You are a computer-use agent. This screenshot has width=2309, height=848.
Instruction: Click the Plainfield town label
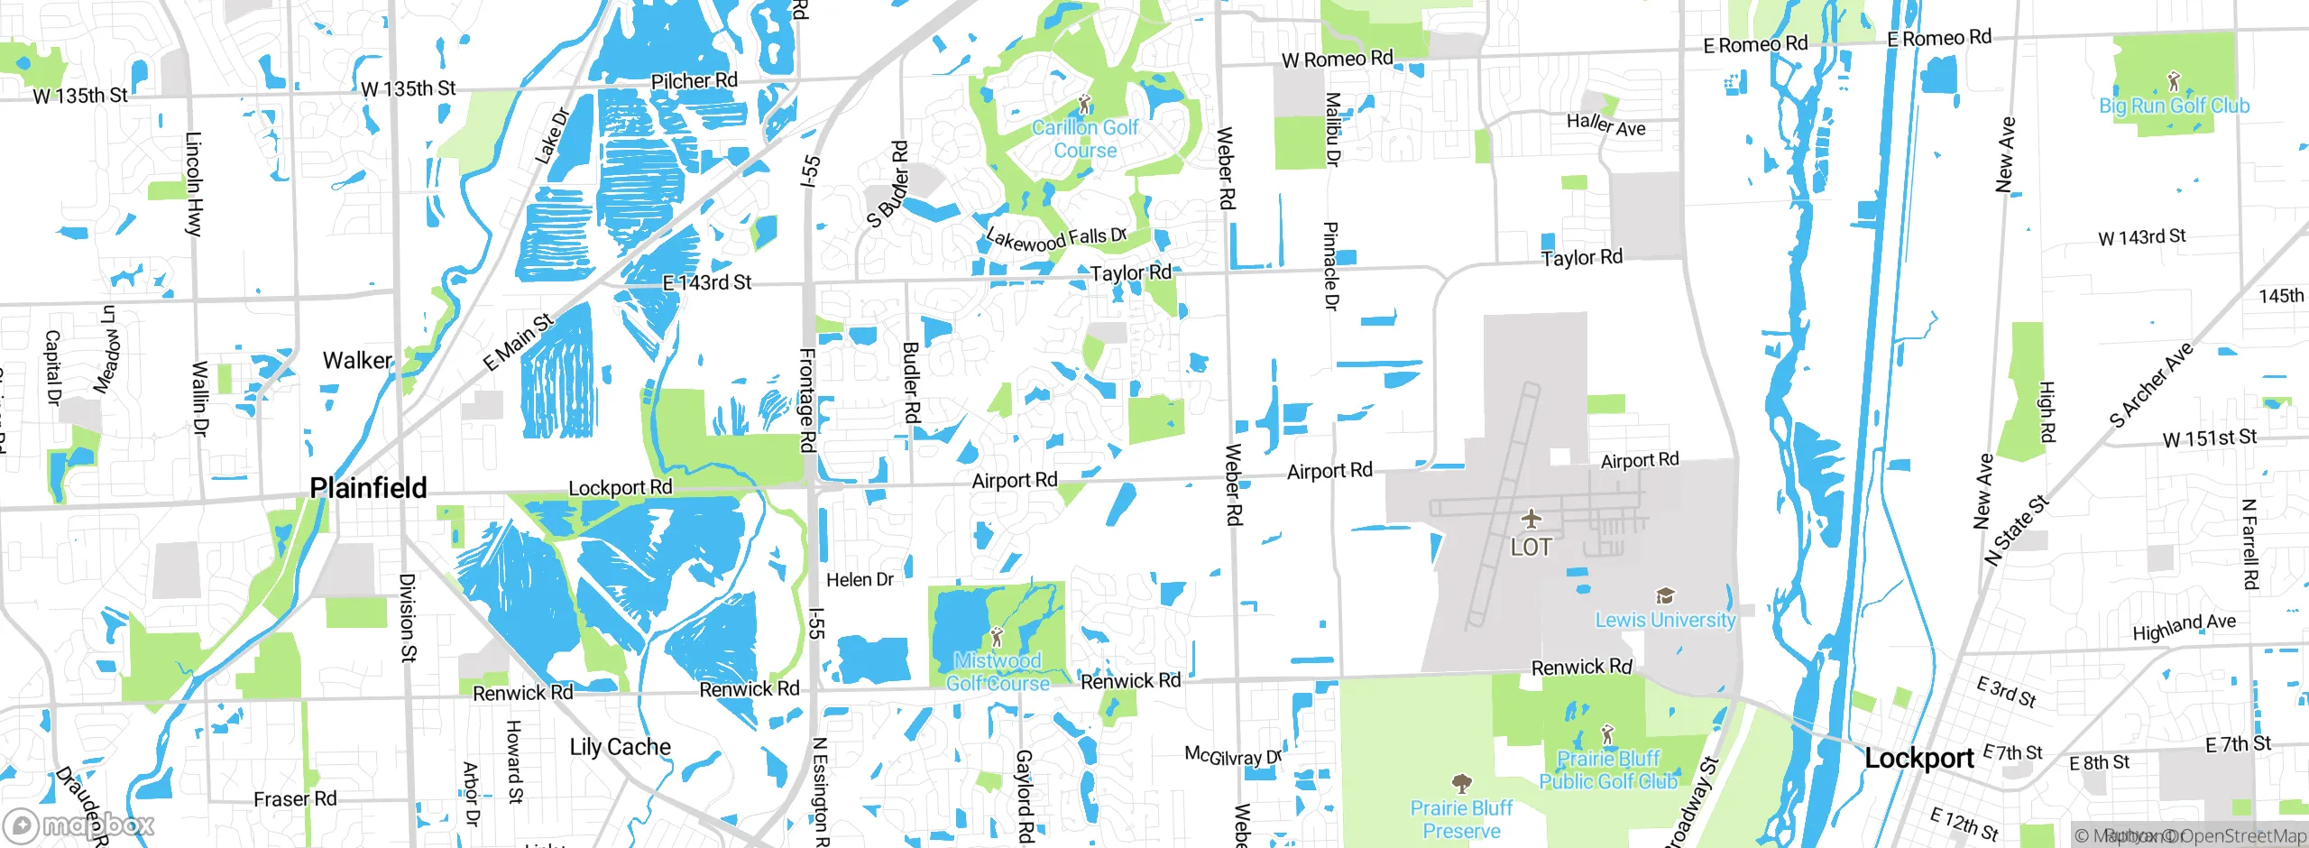click(368, 488)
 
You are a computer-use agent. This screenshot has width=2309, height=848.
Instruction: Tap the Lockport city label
click(1918, 759)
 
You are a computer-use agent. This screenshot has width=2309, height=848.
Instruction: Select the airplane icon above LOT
click(1531, 519)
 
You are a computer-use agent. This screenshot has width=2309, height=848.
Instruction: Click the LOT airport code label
click(1531, 547)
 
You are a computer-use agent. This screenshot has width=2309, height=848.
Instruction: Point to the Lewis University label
click(1665, 620)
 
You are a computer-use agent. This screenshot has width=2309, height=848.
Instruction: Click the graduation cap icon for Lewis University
click(1665, 595)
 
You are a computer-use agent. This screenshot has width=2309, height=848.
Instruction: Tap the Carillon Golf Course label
click(1085, 139)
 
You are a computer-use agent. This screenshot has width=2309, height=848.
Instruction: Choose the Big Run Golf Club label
click(2174, 106)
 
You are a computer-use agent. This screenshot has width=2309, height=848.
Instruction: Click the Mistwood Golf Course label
click(998, 672)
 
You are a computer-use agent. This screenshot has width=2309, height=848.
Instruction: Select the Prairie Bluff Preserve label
click(1461, 819)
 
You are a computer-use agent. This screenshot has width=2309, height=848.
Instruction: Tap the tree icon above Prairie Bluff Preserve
click(1461, 782)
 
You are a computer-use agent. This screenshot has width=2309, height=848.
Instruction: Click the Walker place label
click(357, 361)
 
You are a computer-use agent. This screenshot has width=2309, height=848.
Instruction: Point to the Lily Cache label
click(620, 747)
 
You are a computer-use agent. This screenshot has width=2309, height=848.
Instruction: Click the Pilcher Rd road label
click(694, 81)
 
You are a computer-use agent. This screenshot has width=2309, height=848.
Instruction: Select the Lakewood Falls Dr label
click(1056, 239)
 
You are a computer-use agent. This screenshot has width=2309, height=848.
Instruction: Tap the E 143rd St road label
click(706, 283)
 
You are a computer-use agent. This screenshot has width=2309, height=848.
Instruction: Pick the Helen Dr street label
click(860, 580)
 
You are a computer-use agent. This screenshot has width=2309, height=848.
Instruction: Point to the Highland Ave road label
click(2184, 626)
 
